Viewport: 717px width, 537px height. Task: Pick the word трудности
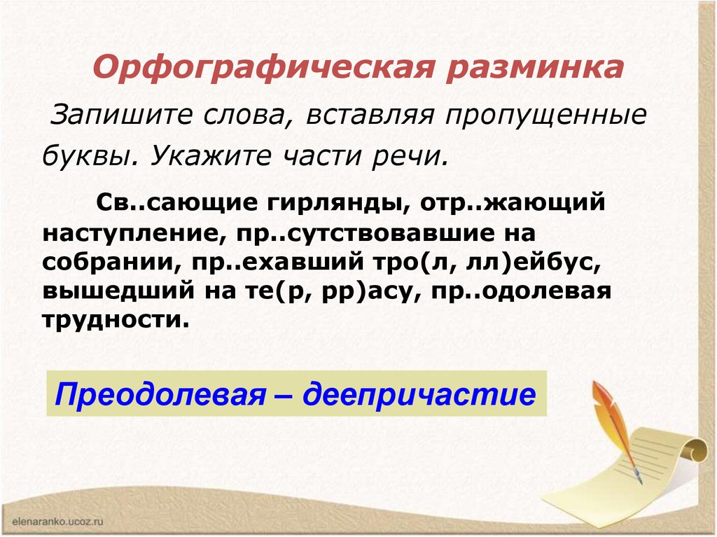click(x=116, y=319)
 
